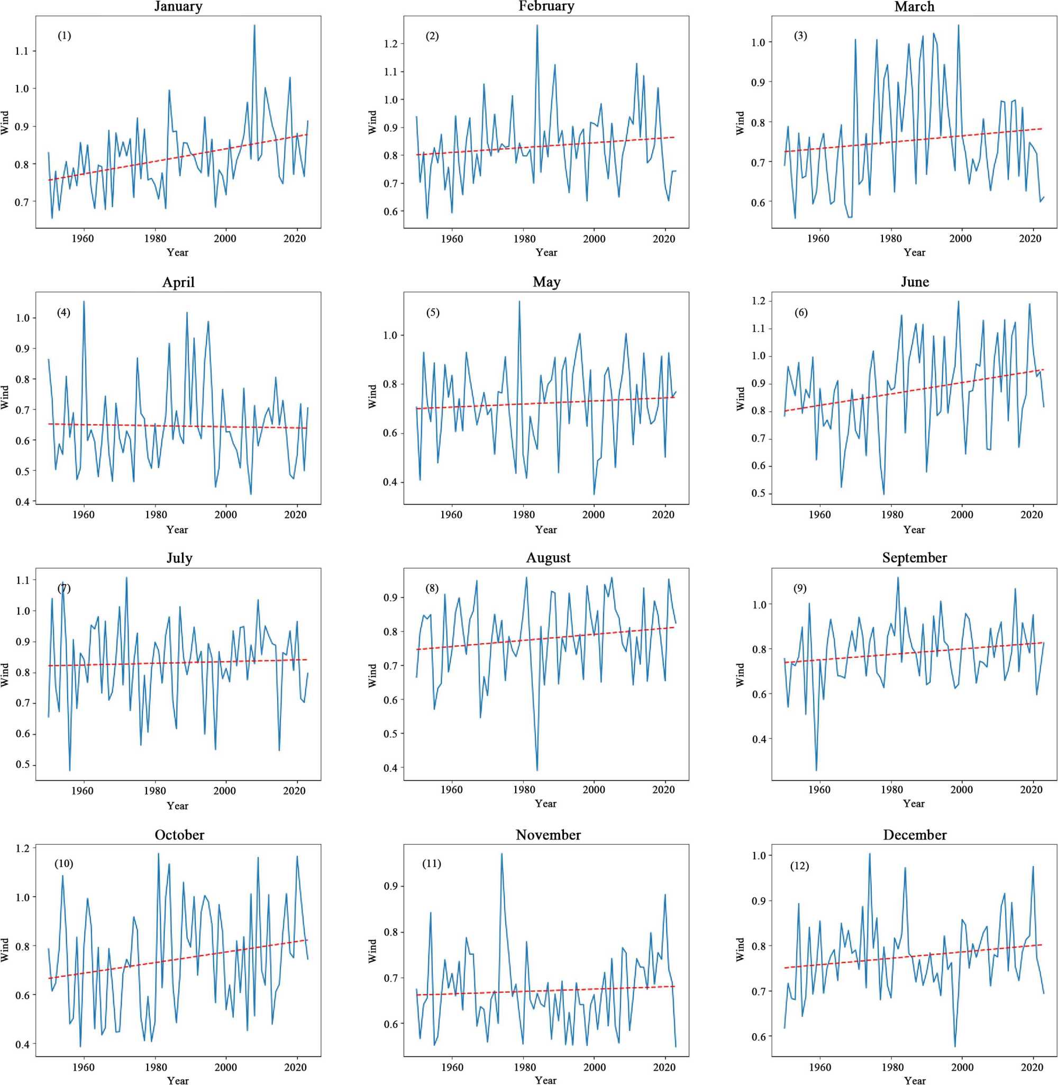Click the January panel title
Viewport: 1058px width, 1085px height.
tap(178, 7)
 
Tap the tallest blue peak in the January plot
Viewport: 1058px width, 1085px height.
tap(254, 25)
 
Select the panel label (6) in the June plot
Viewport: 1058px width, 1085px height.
tap(801, 312)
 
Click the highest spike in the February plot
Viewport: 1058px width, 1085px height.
tap(537, 25)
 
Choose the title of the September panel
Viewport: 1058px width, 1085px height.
tap(914, 558)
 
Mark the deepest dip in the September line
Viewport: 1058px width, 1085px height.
tap(816, 771)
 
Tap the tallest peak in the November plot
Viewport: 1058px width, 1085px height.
tap(502, 854)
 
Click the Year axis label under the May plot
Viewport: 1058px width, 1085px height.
tap(546, 530)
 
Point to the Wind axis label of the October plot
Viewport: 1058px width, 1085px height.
tap(5, 950)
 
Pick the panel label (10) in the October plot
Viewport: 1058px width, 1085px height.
tap(64, 864)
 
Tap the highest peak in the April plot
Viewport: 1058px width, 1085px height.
tap(84, 301)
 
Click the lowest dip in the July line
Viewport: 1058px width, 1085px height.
tap(70, 771)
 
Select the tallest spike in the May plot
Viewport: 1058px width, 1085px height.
tap(519, 301)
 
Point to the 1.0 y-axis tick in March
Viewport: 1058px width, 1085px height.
tap(757, 42)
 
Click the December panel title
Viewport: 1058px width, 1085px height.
tap(915, 835)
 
